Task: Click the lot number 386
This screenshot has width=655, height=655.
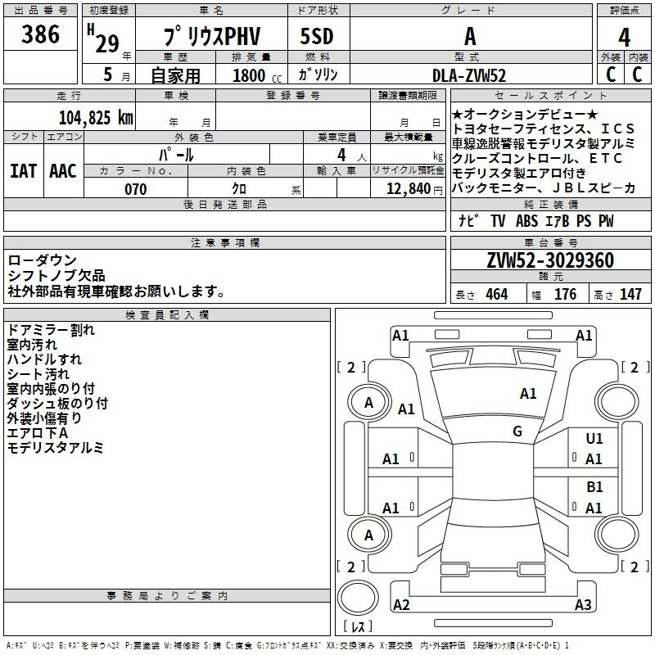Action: (40, 34)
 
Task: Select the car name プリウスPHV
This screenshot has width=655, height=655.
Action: (210, 37)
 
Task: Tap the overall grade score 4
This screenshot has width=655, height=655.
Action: (624, 37)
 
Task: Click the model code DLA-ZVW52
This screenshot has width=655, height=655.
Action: (469, 75)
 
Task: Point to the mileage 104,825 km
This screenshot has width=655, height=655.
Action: (96, 117)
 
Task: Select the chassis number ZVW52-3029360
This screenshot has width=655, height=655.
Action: (550, 260)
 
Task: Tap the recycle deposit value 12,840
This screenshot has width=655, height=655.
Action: (407, 189)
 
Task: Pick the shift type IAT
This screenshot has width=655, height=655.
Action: (23, 170)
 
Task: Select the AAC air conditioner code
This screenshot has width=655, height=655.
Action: (63, 170)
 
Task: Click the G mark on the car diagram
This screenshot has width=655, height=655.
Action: (517, 431)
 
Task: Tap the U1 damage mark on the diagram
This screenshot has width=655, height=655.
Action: (594, 439)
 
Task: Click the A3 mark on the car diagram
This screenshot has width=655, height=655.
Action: (583, 605)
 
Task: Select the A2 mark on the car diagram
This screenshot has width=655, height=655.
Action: (401, 605)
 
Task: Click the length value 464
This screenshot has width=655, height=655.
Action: (496, 295)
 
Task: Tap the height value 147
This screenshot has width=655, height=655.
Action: (630, 295)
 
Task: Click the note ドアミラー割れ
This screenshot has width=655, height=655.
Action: (51, 330)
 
